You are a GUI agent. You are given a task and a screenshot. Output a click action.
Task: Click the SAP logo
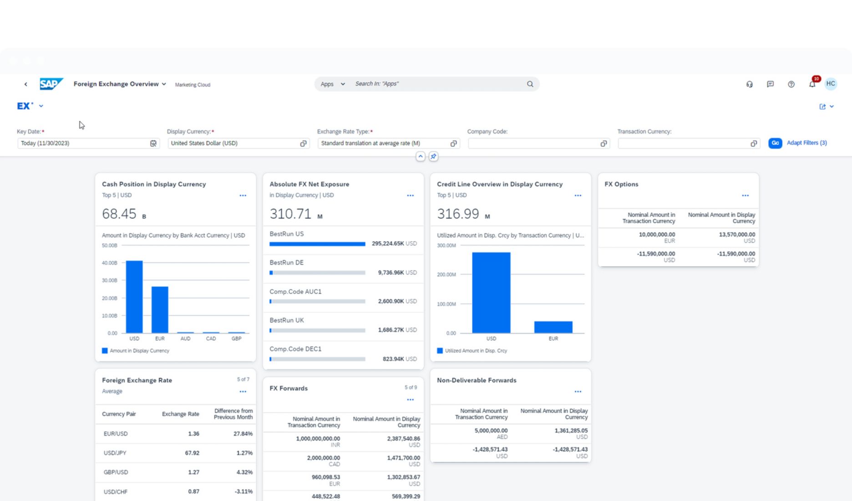(x=51, y=84)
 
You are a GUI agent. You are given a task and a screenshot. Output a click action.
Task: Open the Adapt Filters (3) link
(x=806, y=143)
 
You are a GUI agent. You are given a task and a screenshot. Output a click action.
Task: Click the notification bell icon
(x=812, y=84)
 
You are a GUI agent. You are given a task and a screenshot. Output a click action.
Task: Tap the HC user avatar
(x=831, y=84)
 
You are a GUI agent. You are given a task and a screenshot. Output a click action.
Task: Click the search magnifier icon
(x=530, y=84)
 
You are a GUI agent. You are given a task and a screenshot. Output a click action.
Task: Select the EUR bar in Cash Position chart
(x=160, y=309)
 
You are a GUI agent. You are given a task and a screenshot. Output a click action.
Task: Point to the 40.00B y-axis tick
(x=110, y=263)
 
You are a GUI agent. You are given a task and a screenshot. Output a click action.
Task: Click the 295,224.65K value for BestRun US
(x=388, y=244)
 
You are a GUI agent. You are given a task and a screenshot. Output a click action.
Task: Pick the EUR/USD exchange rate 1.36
(x=193, y=434)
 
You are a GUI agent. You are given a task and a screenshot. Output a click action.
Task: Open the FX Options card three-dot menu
(x=745, y=195)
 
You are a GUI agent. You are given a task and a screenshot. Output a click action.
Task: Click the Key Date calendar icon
(x=153, y=143)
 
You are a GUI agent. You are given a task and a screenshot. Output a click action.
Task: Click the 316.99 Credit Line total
(x=458, y=214)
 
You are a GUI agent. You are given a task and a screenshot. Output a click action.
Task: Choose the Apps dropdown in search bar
(x=332, y=84)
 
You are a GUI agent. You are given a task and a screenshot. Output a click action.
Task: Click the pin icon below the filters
(x=433, y=157)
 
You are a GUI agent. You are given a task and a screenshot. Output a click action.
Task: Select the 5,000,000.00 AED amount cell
(x=491, y=430)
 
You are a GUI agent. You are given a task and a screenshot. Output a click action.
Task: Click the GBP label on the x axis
(x=236, y=339)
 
